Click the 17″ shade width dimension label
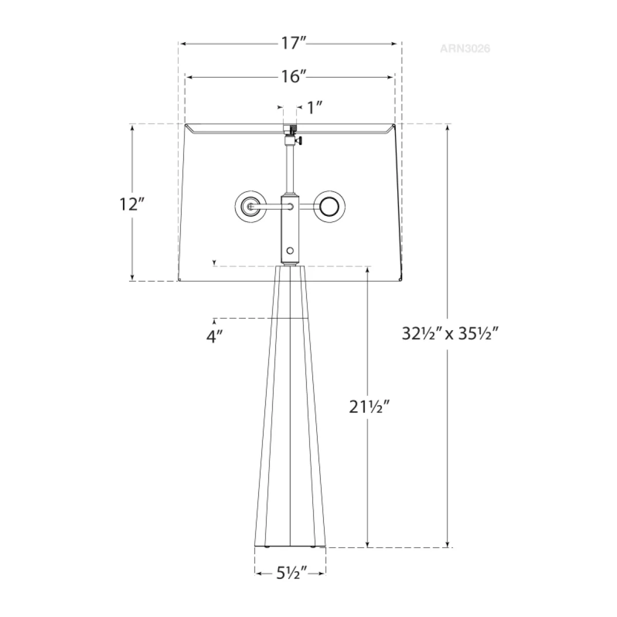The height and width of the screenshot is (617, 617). click(x=293, y=43)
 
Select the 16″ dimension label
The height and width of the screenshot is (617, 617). click(x=293, y=77)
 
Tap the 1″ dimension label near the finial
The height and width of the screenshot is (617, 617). click(x=315, y=108)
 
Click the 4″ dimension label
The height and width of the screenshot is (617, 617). click(x=214, y=337)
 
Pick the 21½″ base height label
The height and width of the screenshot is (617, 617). click(x=369, y=407)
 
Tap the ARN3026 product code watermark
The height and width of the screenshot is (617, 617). click(x=465, y=49)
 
